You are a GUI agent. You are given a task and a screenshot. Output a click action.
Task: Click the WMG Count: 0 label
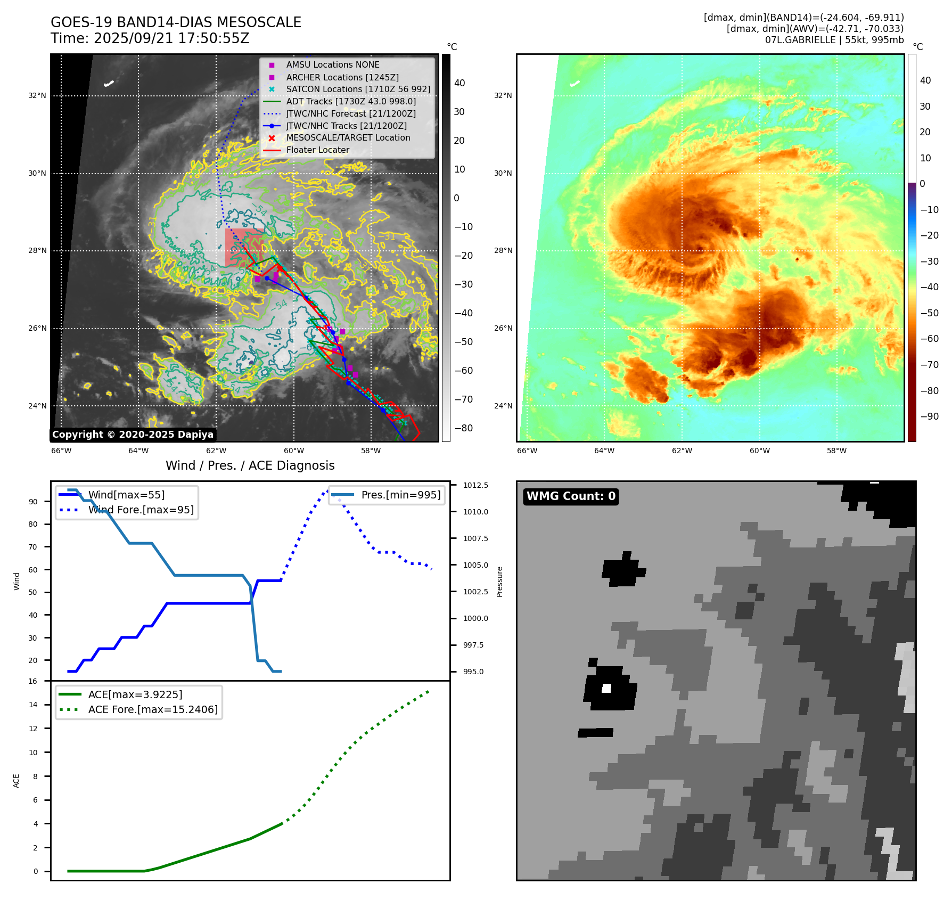571,496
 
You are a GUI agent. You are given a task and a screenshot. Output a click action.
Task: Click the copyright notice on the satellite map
133,435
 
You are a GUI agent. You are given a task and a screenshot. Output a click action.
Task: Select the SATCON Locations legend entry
358,89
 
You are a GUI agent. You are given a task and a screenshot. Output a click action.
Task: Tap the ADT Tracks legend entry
351,101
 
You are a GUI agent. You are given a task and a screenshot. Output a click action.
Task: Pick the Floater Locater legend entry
317,150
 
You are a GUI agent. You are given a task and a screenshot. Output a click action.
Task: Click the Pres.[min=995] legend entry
400,495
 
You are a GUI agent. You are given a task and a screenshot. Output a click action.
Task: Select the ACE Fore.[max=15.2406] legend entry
153,709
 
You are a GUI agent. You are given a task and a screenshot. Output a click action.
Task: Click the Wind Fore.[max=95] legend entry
141,510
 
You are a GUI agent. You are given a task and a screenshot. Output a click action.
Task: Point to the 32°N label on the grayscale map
37,96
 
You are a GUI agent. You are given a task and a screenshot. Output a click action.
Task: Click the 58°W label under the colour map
836,451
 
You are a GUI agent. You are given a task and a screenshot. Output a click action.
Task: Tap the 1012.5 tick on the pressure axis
475,485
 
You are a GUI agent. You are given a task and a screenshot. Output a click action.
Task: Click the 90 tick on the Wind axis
34,502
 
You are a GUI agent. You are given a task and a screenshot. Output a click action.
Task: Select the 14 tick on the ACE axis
34,705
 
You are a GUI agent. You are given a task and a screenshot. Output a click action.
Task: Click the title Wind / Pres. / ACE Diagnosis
250,465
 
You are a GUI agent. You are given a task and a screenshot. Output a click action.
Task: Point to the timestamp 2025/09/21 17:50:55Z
171,38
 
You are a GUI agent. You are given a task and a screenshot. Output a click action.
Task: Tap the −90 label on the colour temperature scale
930,416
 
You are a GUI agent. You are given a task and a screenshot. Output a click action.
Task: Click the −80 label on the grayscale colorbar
464,428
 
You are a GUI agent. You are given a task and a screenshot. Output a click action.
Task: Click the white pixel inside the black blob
606,688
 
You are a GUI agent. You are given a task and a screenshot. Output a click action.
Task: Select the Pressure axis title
499,582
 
